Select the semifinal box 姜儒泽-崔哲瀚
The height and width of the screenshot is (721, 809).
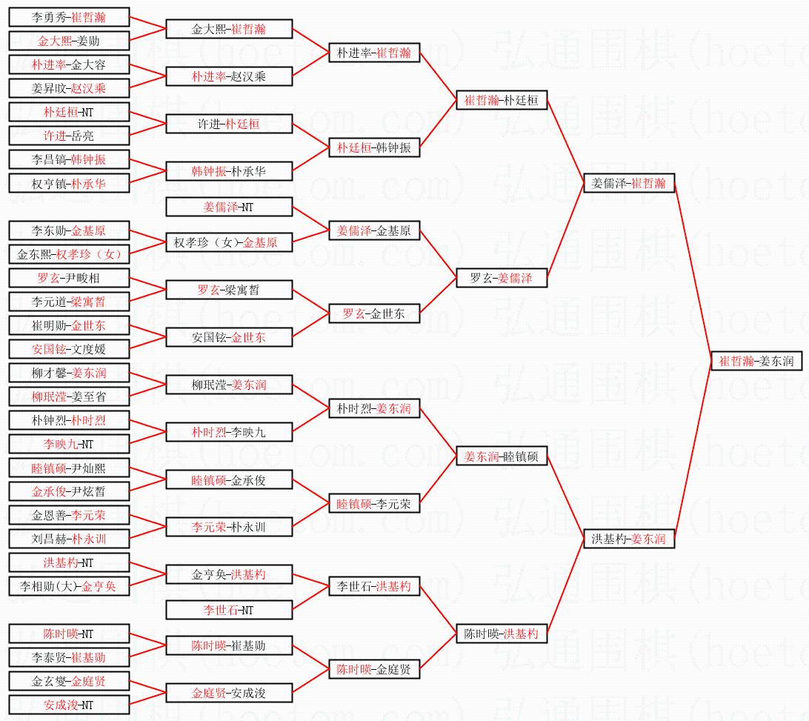[629, 183]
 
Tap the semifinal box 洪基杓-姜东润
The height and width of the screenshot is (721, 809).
[629, 539]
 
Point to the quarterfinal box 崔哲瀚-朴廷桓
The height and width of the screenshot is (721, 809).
[502, 100]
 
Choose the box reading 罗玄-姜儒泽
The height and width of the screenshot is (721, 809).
[502, 278]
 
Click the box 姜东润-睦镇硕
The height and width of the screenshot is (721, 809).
[502, 457]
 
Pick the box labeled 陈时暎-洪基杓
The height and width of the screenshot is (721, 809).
[502, 634]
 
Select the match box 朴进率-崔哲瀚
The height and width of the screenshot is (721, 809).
[374, 53]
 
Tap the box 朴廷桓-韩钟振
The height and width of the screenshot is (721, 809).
[374, 147]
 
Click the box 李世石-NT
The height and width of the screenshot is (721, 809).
[228, 610]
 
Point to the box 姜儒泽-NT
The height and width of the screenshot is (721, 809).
[228, 207]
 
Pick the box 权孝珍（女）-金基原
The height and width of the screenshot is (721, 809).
[228, 242]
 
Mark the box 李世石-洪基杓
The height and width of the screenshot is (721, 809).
[374, 586]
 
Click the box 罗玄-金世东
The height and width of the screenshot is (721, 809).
[374, 313]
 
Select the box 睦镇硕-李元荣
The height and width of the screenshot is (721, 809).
[374, 504]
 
